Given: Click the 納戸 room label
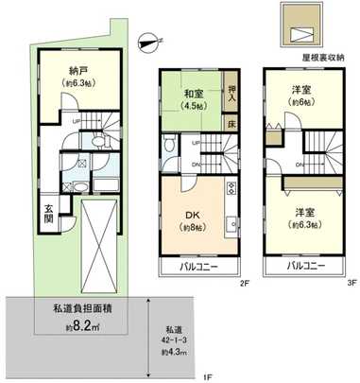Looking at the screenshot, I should pos(79,69).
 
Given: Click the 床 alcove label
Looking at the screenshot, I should pos(232,121).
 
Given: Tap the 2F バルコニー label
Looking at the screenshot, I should pos(201,267).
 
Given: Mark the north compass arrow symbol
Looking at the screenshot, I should pos(145,39).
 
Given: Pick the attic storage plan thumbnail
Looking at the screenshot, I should pos(304,29).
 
